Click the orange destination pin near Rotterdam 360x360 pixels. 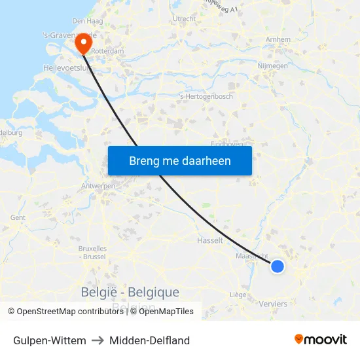point(83,43)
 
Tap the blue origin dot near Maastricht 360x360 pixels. point(278,266)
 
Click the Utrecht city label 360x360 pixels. point(184,19)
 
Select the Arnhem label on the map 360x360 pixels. point(278,40)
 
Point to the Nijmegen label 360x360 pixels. point(273,66)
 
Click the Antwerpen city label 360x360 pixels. point(98,186)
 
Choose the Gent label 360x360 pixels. point(18,218)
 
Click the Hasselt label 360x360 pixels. point(210,240)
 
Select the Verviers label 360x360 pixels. point(273,304)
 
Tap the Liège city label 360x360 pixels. point(238,295)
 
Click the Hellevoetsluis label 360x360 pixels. point(65,67)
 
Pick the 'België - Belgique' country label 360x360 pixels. point(130,292)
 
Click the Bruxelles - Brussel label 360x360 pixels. point(92,253)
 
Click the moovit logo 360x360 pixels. point(321,340)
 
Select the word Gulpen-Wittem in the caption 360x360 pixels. point(50,340)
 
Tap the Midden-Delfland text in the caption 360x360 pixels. point(150,340)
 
